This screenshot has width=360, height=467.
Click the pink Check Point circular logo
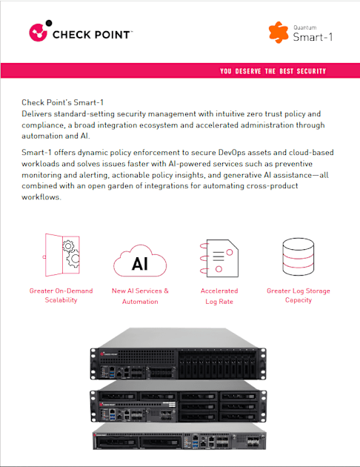click(x=38, y=32)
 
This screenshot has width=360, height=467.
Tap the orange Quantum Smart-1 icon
click(x=279, y=32)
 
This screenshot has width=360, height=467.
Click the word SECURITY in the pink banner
click(x=311, y=71)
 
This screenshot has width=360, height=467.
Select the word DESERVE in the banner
click(x=248, y=71)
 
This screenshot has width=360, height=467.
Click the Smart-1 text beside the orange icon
click(x=313, y=37)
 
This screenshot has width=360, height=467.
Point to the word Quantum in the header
click(x=305, y=27)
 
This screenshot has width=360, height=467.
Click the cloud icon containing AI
click(x=140, y=261)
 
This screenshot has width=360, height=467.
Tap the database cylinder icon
click(x=298, y=256)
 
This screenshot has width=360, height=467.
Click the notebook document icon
click(x=219, y=258)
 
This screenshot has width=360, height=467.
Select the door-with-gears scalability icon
click(x=61, y=255)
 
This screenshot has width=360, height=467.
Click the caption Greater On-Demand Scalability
click(x=61, y=296)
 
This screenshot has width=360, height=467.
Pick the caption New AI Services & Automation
click(x=140, y=296)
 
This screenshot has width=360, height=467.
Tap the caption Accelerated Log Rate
click(x=219, y=296)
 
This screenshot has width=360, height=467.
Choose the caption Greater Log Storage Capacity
click(x=299, y=296)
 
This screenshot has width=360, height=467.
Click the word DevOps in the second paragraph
click(x=232, y=153)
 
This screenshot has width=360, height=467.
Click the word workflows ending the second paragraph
click(x=41, y=197)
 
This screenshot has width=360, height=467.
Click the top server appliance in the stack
click(x=179, y=354)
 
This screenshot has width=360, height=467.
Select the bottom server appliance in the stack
click(x=179, y=437)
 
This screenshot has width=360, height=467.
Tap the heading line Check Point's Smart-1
click(x=62, y=103)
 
